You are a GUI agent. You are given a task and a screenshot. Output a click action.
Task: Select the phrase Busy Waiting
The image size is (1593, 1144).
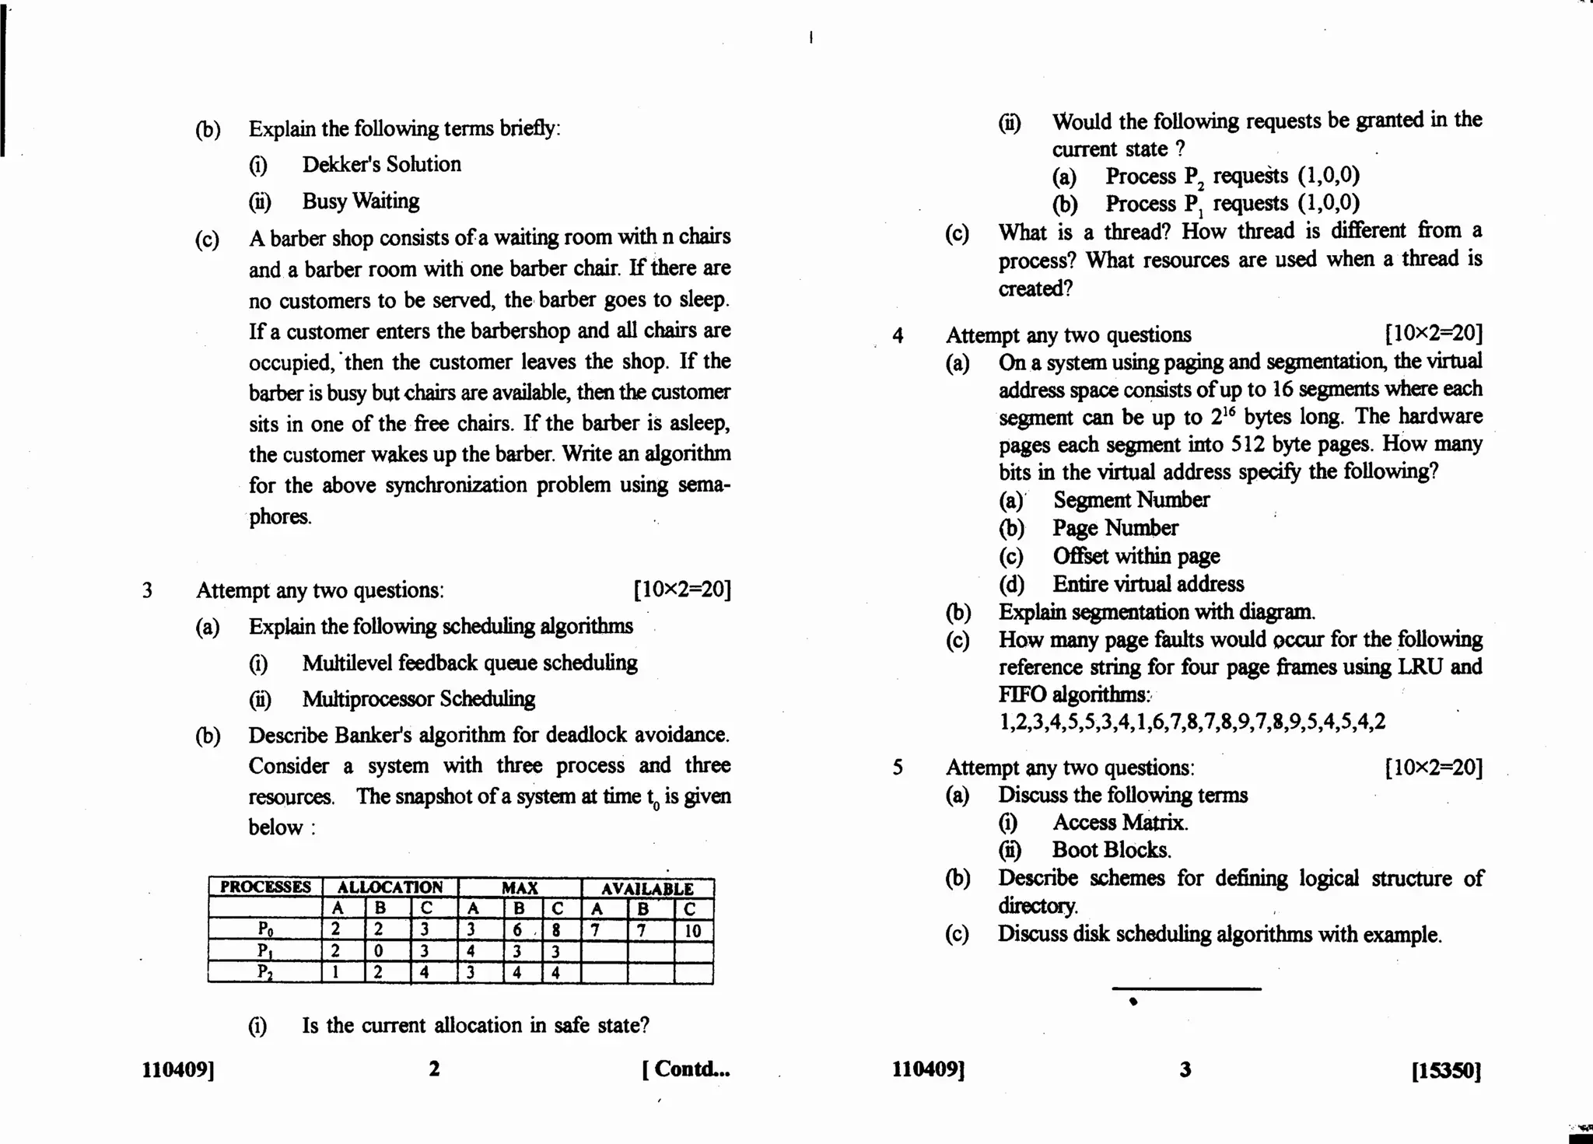(360, 201)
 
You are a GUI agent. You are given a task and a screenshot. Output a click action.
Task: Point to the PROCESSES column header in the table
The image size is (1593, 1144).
(265, 887)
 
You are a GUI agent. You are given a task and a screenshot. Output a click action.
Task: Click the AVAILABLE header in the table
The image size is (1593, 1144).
(647, 888)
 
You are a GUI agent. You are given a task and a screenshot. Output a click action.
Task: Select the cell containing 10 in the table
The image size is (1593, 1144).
(692, 931)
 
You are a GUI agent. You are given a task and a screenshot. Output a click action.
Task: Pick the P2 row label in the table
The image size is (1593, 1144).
(265, 973)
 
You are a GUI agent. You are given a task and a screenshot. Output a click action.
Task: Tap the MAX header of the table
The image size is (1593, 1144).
(520, 888)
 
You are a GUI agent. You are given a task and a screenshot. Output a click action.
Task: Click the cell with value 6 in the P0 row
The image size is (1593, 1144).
(517, 930)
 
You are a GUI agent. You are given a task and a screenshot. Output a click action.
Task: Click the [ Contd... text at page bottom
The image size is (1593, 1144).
(686, 1069)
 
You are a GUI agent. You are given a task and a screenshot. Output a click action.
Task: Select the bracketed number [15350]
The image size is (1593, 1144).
(1446, 1071)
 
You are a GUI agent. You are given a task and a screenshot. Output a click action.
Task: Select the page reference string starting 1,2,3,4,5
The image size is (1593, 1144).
(1192, 722)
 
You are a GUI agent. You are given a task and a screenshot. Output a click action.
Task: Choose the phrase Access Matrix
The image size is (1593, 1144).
(1120, 823)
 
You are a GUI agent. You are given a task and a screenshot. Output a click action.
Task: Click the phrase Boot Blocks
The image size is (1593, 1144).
(1112, 850)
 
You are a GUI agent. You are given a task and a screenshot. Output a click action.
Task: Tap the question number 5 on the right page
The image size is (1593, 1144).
(898, 768)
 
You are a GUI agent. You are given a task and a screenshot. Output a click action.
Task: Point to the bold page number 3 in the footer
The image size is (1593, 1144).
(1185, 1070)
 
